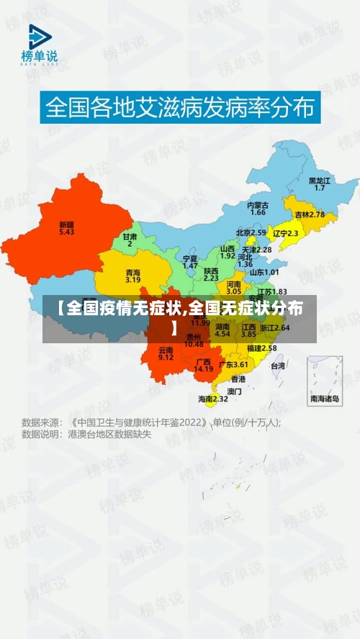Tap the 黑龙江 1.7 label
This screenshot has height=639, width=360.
point(320,183)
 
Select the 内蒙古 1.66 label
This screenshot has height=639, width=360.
point(258,209)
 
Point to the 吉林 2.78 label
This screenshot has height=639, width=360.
point(310,214)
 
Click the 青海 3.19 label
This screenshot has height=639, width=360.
point(133,276)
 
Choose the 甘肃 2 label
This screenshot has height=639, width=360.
point(130,240)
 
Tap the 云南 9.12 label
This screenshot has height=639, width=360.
point(166,353)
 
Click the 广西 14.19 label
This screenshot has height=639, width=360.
point(203,365)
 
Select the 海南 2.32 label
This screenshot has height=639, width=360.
point(213,398)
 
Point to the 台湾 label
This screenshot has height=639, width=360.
point(278,366)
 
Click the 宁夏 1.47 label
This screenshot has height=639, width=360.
point(190,261)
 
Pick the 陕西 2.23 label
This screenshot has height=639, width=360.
point(211,273)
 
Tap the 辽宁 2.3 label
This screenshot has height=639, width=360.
point(285,233)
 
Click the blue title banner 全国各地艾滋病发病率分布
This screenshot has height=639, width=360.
point(180,108)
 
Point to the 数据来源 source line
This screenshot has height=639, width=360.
point(151,422)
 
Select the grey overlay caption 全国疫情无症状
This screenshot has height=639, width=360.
point(179,317)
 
